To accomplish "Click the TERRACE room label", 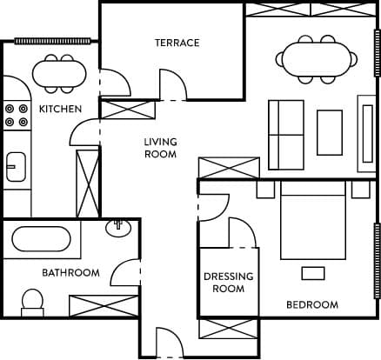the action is click(177, 43).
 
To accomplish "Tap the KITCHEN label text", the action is click(60, 109).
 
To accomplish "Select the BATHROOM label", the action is click(70, 273).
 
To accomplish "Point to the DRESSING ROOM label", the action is click(229, 283).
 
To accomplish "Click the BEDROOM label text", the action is click(312, 304).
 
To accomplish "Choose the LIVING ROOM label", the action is click(160, 148).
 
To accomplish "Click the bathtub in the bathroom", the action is click(41, 239).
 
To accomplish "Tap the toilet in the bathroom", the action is click(32, 303).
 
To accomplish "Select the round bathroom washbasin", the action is click(118, 228).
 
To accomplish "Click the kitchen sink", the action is click(17, 167).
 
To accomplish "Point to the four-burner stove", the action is click(17, 115).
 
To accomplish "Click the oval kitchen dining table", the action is click(59, 74).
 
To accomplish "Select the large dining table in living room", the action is click(317, 59).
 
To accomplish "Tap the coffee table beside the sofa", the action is click(330, 132).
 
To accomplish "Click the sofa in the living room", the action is click(286, 135).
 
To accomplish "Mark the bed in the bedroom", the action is click(313, 221).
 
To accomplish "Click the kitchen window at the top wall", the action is click(52, 42).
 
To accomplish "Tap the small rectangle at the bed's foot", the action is click(313, 273).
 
